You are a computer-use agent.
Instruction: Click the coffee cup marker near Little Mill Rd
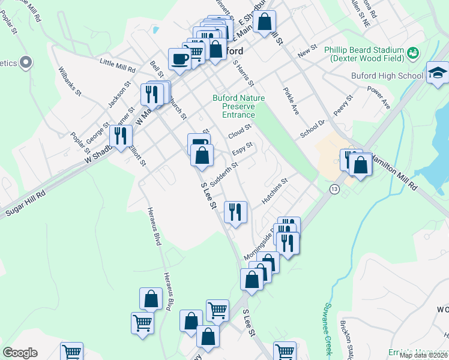tap(179, 59)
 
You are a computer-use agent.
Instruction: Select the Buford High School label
tap(385, 76)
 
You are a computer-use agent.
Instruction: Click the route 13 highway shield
tap(334, 189)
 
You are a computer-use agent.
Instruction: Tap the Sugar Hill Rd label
tap(25, 203)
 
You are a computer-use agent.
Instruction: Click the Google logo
tap(20, 353)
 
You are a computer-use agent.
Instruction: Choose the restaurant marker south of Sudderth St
tap(235, 212)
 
